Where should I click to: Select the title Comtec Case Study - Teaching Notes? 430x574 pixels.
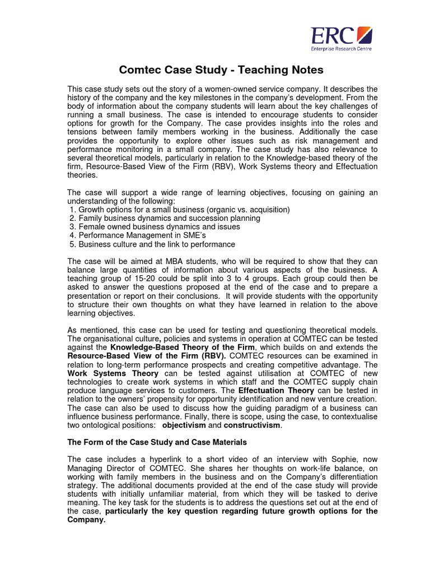pyautogui.click(x=222, y=70)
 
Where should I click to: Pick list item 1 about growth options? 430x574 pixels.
pyautogui.click(x=179, y=210)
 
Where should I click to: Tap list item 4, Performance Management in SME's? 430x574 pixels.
pyautogui.click(x=146, y=235)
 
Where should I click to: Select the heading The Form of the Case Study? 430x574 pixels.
pyautogui.click(x=157, y=442)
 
